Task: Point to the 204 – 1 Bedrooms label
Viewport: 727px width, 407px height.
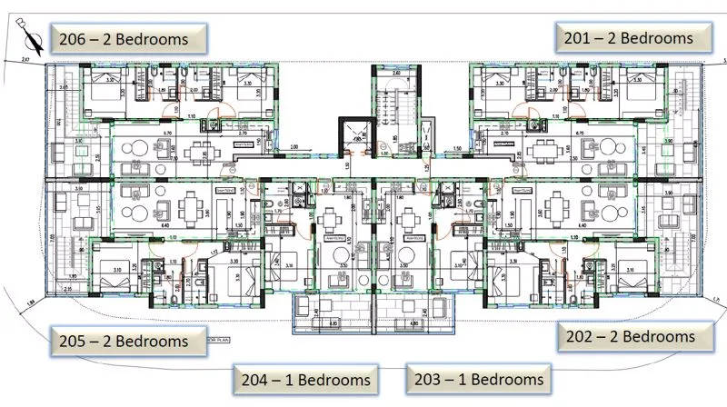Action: pos(304,379)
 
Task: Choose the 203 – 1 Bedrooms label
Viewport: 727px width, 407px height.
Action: pos(476,378)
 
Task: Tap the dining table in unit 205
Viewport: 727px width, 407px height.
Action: pos(188,208)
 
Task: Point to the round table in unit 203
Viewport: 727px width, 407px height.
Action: pos(408,219)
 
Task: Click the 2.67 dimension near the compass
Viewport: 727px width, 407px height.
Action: pos(25,59)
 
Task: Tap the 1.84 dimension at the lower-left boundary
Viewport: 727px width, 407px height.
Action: pos(30,303)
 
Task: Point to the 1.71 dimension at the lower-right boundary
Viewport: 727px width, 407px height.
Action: pos(715,298)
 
